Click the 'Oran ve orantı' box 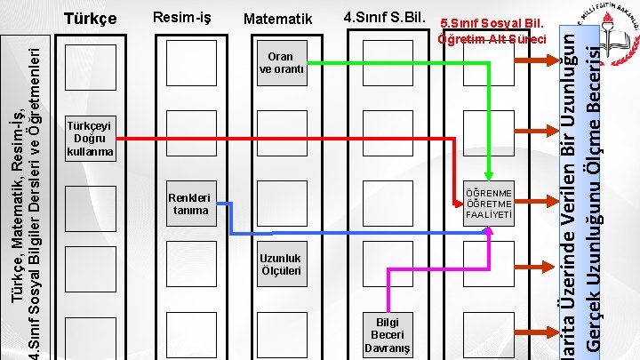(281, 63)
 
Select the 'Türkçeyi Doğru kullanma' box (90, 138)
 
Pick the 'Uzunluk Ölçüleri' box (281, 263)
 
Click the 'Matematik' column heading (277, 19)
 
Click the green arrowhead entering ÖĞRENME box (488, 175)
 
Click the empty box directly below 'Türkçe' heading (90, 63)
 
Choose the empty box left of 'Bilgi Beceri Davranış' (281, 332)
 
